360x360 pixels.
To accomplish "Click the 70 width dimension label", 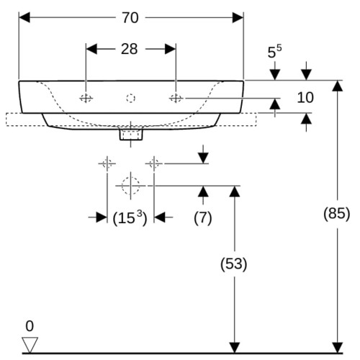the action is (130, 18).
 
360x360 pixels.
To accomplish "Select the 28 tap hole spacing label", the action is (130, 49).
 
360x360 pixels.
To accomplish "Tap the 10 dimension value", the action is (305, 98).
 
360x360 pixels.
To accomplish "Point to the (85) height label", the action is (336, 214).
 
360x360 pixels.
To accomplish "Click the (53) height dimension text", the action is (234, 264).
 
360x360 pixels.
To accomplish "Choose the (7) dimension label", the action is (203, 218).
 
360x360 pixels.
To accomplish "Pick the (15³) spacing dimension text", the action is (130, 218).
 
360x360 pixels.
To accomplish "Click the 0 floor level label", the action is (30, 326).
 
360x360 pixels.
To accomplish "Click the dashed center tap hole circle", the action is (130, 98).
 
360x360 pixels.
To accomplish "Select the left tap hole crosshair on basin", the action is (86, 98).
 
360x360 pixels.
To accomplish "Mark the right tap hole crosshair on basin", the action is (176, 98).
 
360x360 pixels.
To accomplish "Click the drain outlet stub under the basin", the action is (131, 135).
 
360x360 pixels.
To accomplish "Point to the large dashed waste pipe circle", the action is (130, 186).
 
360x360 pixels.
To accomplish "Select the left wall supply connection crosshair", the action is (107, 163).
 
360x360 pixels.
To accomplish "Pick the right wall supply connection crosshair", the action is (154, 163).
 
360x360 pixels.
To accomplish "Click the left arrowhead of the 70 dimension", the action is (24, 18).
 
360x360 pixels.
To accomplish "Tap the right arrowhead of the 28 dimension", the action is (171, 49).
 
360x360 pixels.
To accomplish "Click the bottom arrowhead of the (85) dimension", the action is (337, 348).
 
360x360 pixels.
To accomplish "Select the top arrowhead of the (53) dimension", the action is (235, 192).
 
